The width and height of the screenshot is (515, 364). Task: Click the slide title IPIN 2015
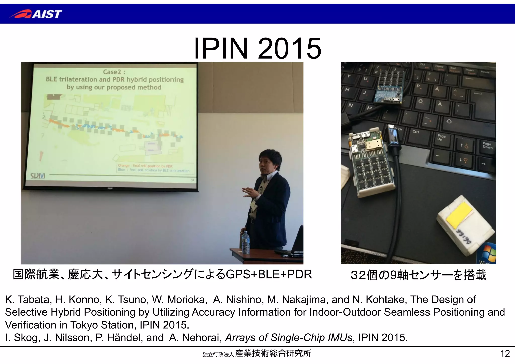[x=257, y=48]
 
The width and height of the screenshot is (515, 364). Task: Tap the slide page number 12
[x=505, y=354]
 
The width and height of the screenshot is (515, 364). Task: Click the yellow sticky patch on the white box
[x=459, y=213]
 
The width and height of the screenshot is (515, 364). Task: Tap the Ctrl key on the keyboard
[x=416, y=132]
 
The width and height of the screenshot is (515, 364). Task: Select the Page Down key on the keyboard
[x=487, y=145]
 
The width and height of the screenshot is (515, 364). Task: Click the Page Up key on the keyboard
[x=441, y=137]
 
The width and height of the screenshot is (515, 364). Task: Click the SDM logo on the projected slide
[x=38, y=176]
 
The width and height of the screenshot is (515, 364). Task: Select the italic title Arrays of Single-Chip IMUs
[x=289, y=338]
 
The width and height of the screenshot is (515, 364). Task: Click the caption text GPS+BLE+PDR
[x=269, y=274]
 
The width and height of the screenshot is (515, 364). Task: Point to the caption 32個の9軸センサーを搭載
[x=418, y=275]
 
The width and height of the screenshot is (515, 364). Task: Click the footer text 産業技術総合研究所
[x=273, y=353]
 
